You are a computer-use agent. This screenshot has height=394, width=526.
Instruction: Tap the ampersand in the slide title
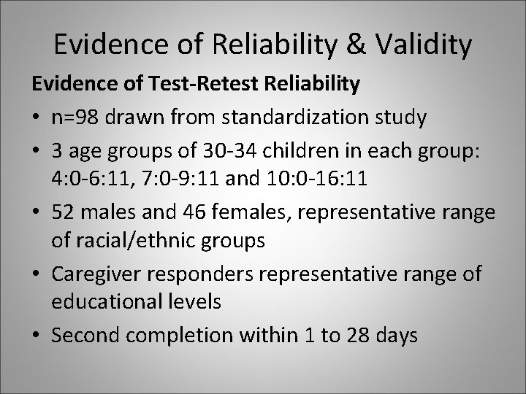tap(354, 45)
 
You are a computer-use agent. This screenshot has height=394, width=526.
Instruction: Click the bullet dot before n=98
tap(36, 116)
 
